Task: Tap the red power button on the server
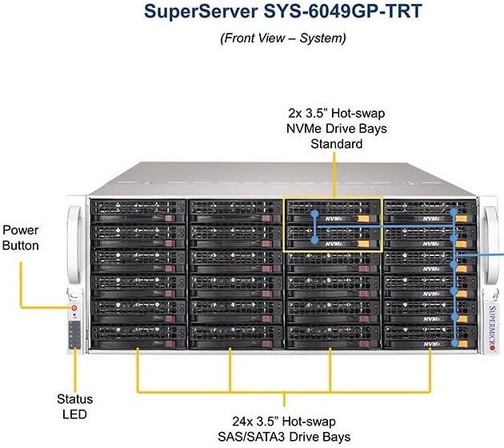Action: click(74, 307)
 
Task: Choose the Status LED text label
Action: click(74, 406)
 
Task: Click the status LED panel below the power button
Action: click(74, 334)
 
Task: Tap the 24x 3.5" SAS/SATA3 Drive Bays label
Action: click(286, 427)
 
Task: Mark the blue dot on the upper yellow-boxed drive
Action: click(315, 214)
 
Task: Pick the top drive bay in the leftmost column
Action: click(138, 212)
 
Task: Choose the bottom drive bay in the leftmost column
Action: click(138, 334)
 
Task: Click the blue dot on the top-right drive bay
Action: click(454, 213)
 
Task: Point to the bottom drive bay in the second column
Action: click(234, 334)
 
